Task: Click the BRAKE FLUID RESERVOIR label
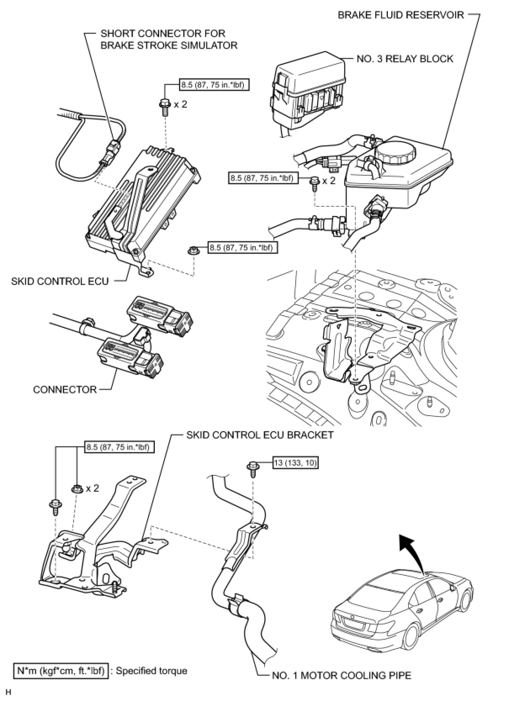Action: click(400, 15)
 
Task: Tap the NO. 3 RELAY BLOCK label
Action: click(405, 58)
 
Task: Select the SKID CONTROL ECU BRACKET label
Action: click(260, 435)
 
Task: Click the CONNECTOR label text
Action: click(65, 390)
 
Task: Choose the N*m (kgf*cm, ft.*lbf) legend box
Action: click(60, 671)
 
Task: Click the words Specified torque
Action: click(151, 671)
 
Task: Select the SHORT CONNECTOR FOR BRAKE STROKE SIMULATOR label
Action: click(168, 39)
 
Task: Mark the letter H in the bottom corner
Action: click(7, 692)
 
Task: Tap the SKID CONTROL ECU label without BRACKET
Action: click(60, 281)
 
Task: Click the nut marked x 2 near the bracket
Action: click(77, 489)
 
